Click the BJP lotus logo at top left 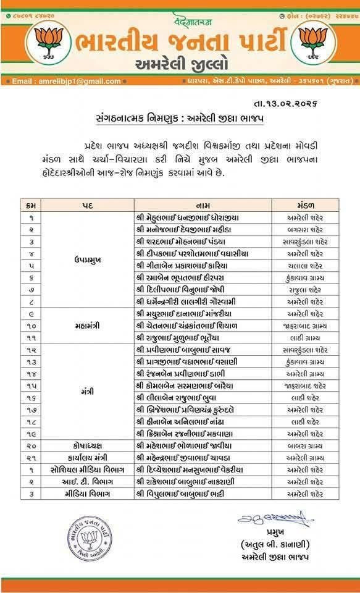48,42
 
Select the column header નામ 204,204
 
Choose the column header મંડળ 305,204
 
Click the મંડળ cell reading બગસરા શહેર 305,229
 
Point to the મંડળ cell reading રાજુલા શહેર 305,289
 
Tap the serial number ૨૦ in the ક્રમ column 31,445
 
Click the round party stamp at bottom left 90,538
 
